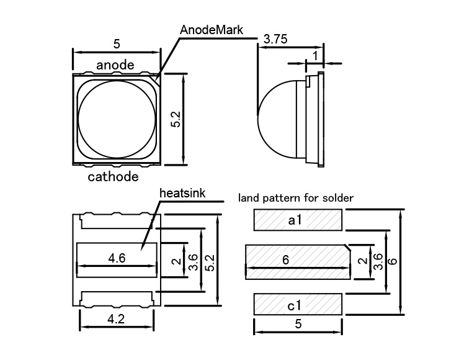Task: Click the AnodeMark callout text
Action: pos(212,29)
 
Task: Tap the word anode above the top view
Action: pos(115,64)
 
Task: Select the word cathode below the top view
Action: pos(113,177)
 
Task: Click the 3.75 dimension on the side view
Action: pos(275,38)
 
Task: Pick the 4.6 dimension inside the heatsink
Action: pos(116,259)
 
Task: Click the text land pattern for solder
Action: pos(296,199)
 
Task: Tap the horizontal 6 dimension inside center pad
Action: pos(286,260)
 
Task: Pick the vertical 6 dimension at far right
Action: pos(392,261)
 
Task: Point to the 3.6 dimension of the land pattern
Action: pos(378,261)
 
